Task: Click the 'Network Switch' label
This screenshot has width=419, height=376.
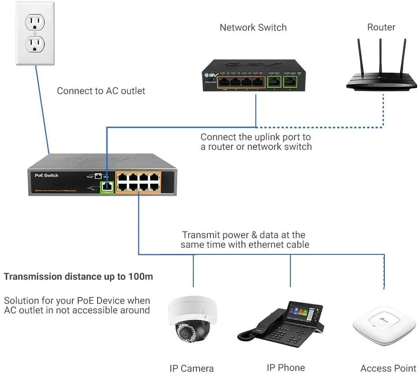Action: tap(253, 27)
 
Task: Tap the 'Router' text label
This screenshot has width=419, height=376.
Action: tap(381, 27)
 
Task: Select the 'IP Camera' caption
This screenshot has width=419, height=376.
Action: tap(191, 368)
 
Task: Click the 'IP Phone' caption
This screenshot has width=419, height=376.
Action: tap(285, 367)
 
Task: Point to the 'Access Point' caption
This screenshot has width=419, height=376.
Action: tap(388, 368)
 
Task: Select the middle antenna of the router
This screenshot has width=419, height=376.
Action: tap(380, 56)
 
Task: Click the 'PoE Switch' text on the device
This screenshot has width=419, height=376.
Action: tap(46, 175)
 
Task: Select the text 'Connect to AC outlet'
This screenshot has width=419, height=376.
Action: tap(101, 91)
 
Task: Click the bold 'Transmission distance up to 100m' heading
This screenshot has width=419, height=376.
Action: tap(78, 276)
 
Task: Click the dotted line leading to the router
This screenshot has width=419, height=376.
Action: tap(383, 112)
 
